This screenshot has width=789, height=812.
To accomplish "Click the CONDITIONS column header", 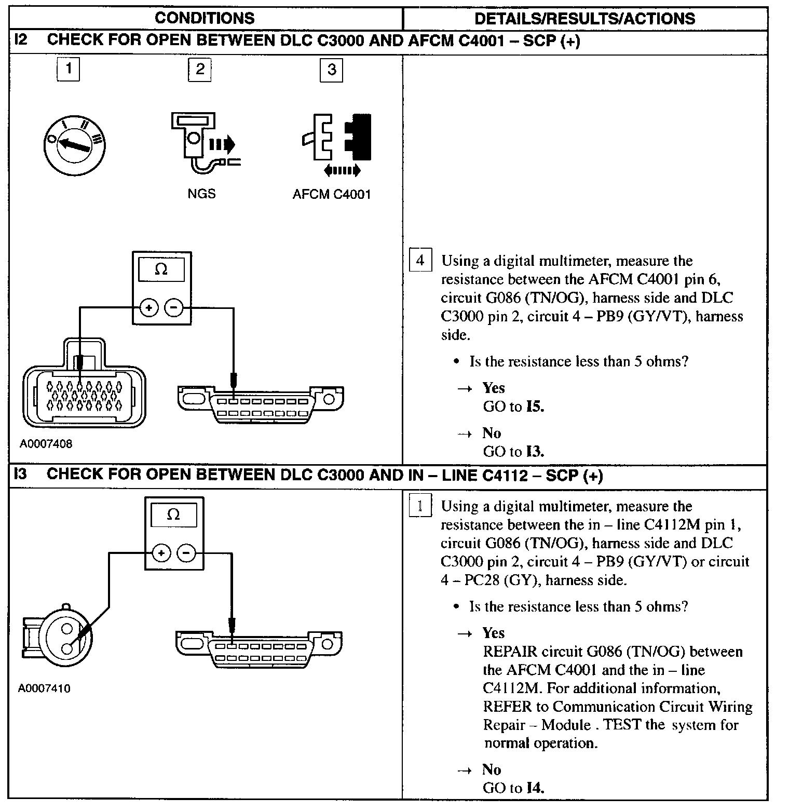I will point(205,18).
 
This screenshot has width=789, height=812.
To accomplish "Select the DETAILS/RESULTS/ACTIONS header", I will point(584,18).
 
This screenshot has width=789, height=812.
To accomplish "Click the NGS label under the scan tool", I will point(201,194).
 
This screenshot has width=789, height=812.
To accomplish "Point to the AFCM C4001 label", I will point(332,194).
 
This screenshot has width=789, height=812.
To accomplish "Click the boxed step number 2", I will point(200,70).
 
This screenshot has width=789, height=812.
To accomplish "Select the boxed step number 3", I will point(332,70).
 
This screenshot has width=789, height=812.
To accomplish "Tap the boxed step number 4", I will point(420,260).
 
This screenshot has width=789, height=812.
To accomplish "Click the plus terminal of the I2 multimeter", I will point(149,308).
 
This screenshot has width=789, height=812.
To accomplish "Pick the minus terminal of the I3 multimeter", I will point(186,553).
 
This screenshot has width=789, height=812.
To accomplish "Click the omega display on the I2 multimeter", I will point(161,270).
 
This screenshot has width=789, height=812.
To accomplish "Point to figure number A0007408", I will point(46,444).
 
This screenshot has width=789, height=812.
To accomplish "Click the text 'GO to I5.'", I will point(513,407).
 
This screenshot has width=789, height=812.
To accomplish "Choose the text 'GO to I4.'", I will point(513,788).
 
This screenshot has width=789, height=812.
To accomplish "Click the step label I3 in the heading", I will point(20,475).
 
